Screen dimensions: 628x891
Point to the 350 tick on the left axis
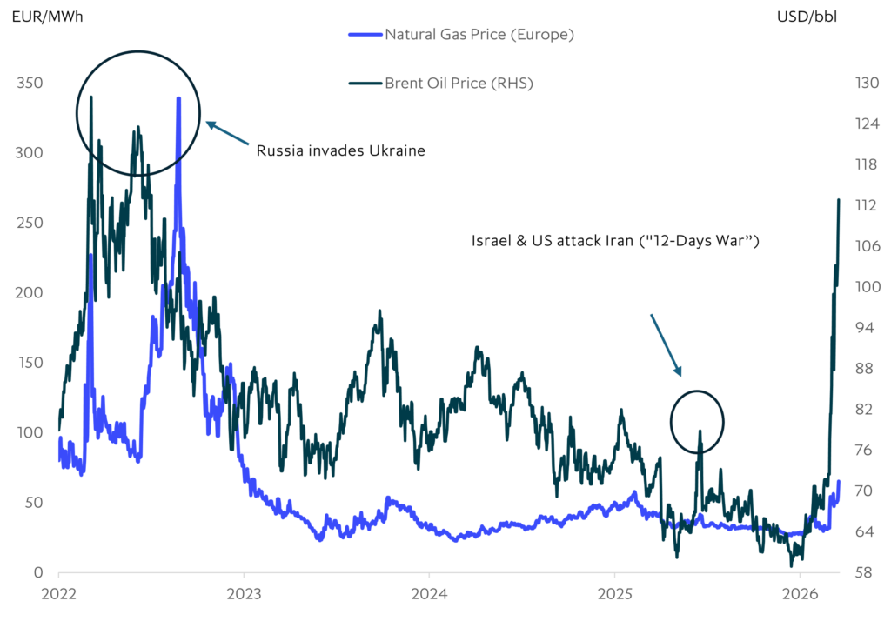(x=31, y=84)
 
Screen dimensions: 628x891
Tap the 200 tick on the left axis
(x=31, y=293)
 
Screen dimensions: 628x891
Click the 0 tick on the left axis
(x=38, y=573)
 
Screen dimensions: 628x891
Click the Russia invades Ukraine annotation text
(x=340, y=150)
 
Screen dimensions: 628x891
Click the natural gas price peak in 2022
(x=178, y=98)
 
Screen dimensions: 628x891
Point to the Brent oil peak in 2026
(x=838, y=200)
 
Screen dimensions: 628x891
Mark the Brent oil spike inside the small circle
(x=699, y=431)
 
